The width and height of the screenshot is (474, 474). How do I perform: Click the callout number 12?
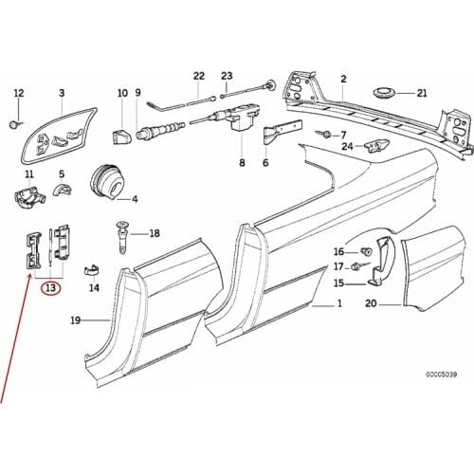tap(18, 92)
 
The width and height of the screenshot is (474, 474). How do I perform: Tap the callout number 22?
tap(198, 76)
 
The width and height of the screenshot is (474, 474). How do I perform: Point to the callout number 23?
tap(227, 76)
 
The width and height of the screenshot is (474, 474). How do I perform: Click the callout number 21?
tap(422, 93)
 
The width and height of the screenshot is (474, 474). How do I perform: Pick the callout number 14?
tap(94, 286)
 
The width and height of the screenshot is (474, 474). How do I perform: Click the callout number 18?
tap(154, 232)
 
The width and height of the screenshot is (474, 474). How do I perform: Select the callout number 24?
tap(348, 146)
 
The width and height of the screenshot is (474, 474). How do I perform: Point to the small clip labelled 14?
tap(94, 268)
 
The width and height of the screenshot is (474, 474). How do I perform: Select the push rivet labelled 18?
tap(123, 232)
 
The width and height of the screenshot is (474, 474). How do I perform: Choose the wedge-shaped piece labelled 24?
tap(377, 145)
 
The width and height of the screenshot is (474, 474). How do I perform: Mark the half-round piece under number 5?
tap(65, 192)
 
